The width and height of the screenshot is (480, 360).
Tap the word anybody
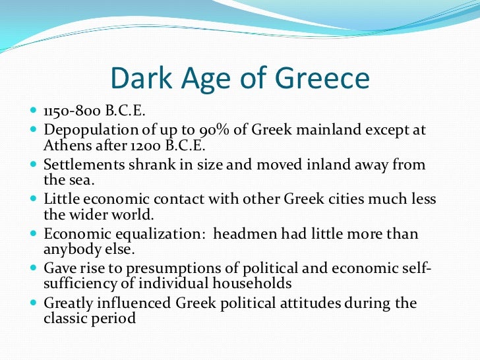(74, 249)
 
